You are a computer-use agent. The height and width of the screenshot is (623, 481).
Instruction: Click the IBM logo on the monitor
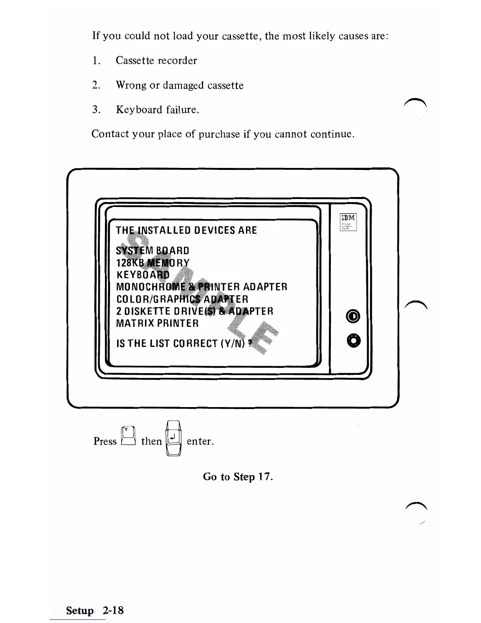pos(348,218)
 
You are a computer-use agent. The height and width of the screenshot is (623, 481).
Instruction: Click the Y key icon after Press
pos(129,437)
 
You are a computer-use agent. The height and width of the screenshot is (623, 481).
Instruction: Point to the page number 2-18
pos(113,610)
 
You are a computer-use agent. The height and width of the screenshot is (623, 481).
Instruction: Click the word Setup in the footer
pos(80,610)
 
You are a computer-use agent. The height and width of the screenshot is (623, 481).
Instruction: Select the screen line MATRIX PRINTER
pos(158,324)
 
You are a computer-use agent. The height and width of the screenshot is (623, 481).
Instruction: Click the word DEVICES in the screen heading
pos(214,230)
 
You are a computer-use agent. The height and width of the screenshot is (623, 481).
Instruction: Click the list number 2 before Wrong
pos(96,85)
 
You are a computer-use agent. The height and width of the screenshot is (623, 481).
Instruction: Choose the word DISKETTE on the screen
pos(148,311)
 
